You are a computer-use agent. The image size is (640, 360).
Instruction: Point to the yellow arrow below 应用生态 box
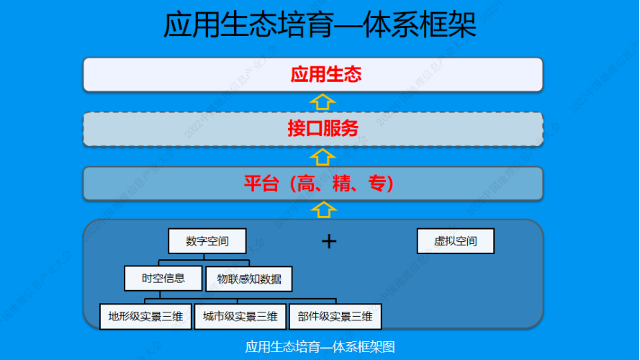click(323, 101)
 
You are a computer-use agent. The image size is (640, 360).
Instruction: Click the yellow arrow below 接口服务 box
click(323, 156)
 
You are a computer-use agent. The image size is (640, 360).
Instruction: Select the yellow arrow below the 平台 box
click(323, 210)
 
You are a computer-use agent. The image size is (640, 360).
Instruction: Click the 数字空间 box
click(207, 241)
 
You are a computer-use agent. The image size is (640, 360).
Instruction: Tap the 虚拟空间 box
click(455, 241)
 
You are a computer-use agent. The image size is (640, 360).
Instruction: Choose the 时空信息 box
click(163, 278)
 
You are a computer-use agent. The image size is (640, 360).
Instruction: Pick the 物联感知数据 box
click(249, 279)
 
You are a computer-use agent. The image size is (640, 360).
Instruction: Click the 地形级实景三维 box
click(145, 316)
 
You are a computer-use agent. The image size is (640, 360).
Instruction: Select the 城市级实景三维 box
click(240, 316)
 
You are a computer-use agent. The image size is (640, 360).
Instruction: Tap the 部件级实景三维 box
click(335, 316)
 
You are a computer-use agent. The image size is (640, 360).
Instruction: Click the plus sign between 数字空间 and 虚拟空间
click(328, 240)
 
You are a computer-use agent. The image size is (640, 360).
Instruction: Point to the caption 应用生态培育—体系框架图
click(320, 346)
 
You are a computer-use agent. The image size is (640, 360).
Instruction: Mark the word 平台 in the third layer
click(258, 184)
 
